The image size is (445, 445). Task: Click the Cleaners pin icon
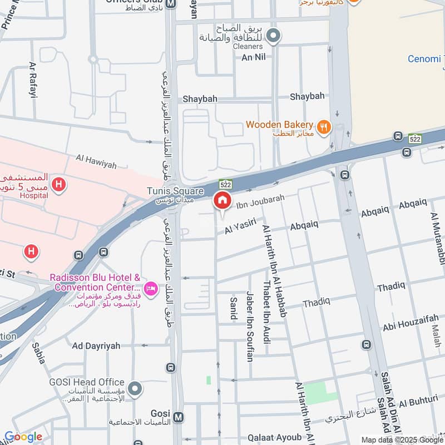point(273,37)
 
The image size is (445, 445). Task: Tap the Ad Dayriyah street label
point(96,346)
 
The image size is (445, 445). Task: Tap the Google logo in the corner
point(23,437)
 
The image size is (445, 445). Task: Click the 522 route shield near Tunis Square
point(225,184)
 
